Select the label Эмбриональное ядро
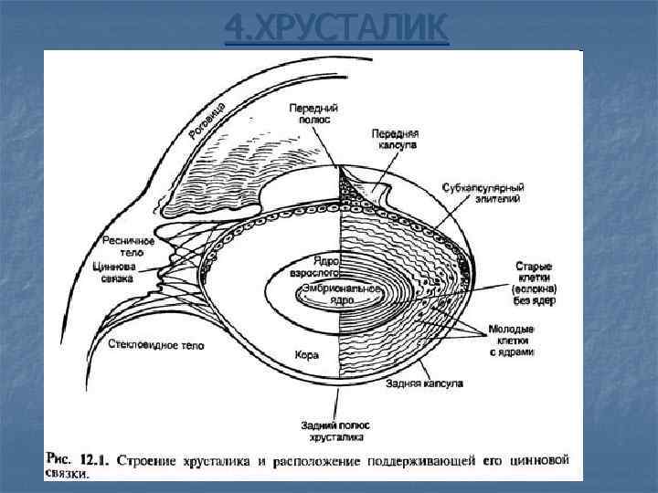point(328,294)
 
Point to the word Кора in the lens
point(307,353)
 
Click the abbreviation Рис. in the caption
point(58,460)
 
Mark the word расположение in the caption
point(322,460)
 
